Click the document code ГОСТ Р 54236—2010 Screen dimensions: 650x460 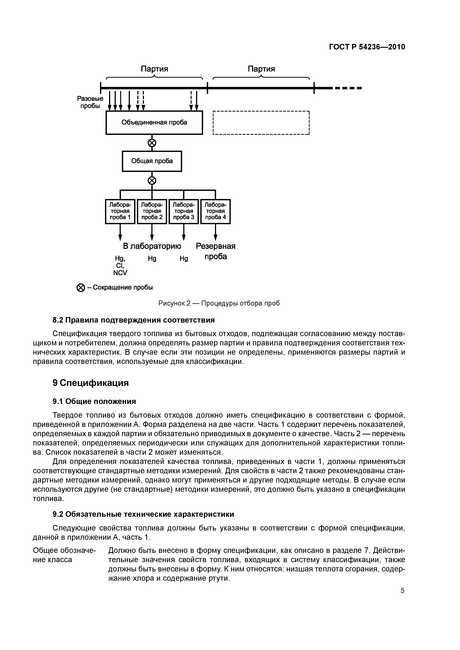click(367, 47)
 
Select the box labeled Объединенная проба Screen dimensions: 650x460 click(154, 123)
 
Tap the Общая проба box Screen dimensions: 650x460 click(152, 161)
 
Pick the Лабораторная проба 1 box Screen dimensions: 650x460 click(120, 211)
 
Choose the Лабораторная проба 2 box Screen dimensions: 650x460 click(152, 211)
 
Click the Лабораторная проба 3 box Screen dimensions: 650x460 click(184, 211)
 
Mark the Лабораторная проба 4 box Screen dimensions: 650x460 click(215, 211)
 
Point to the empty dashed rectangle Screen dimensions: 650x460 click(261, 123)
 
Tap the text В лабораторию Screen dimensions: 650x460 click(152, 246)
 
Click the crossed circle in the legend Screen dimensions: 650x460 click(81, 288)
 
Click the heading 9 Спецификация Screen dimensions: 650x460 click(91, 383)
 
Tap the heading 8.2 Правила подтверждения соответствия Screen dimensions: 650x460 click(134, 320)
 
